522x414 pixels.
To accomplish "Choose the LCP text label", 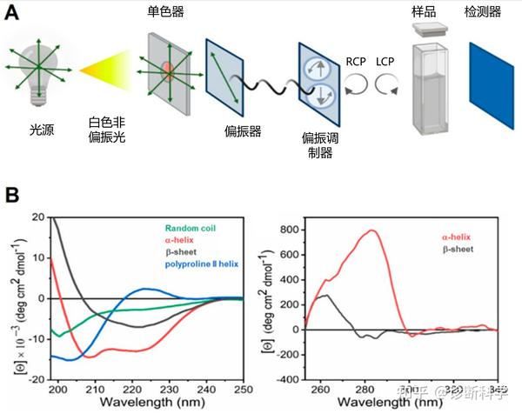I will (386, 63).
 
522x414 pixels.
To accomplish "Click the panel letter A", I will (13, 12).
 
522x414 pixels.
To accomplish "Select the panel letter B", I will (13, 193).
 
